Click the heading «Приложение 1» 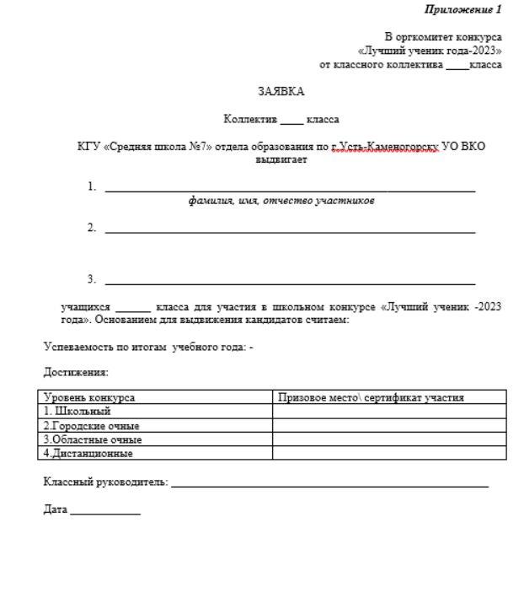click(463, 9)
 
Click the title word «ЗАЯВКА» click(281, 91)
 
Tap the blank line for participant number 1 click(290, 191)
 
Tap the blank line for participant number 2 click(290, 231)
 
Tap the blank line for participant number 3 click(290, 283)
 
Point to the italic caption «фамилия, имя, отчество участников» click(281, 201)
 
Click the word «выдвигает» click(281, 159)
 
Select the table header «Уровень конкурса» click(89, 397)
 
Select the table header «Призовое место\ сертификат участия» click(371, 397)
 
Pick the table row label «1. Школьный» click(78, 412)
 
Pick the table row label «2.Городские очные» click(92, 426)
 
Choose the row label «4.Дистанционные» click(88, 453)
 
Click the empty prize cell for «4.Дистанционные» click(389, 453)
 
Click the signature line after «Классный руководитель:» click(329, 485)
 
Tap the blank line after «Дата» click(105, 513)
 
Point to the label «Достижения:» click(76, 372)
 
